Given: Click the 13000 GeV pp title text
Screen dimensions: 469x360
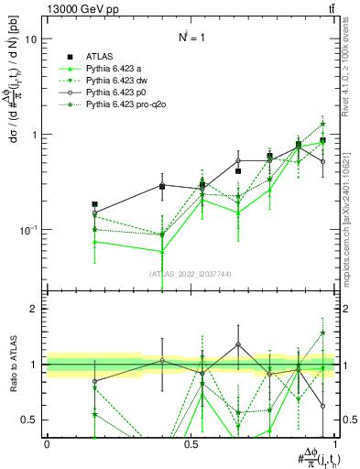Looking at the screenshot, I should tap(41, 8).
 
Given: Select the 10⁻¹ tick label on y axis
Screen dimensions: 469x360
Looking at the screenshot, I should tap(27, 229).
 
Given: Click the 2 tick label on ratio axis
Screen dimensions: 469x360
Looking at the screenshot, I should tap(35, 309).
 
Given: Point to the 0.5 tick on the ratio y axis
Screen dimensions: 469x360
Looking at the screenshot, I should tap(29, 420).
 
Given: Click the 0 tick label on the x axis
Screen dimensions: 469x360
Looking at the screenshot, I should tap(47, 442).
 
